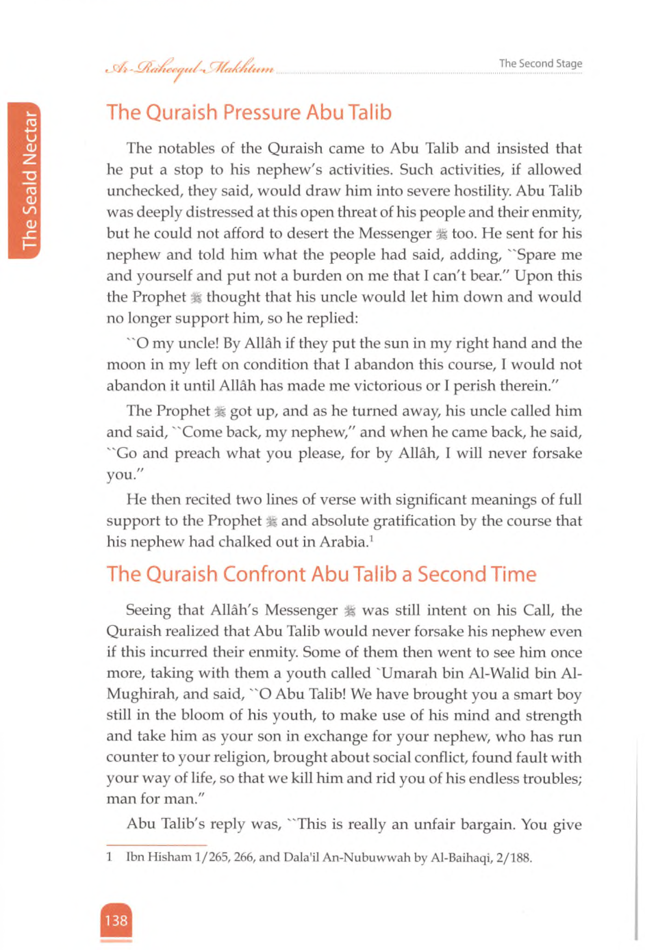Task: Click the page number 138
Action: point(116,920)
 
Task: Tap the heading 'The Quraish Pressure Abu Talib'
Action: point(249,113)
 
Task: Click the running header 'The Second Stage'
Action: point(540,63)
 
